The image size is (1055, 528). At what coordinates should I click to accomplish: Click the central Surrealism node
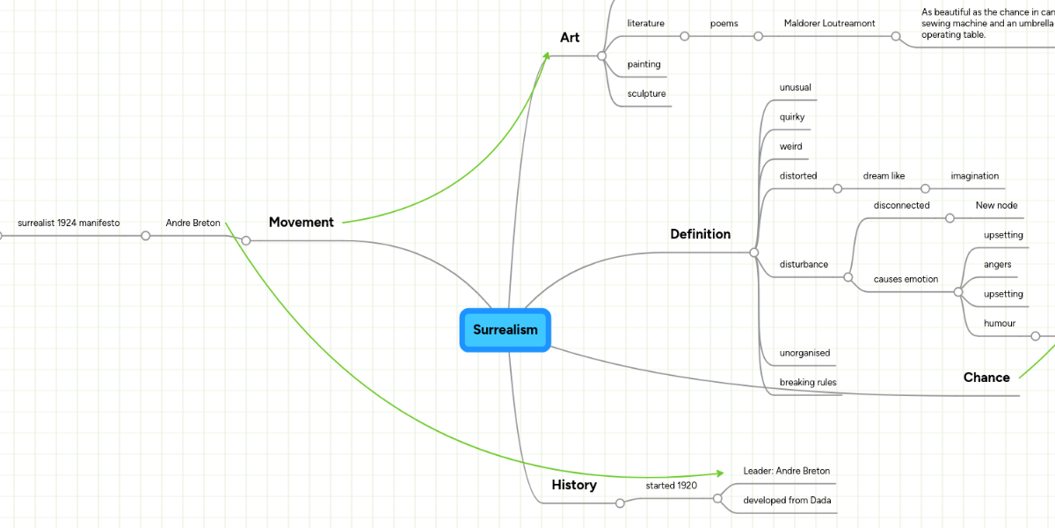tap(505, 330)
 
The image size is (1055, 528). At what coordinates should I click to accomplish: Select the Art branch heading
tap(570, 38)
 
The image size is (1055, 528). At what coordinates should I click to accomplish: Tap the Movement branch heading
tap(301, 223)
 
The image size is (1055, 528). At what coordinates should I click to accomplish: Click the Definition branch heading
tap(700, 234)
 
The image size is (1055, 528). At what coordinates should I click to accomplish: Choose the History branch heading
tap(574, 485)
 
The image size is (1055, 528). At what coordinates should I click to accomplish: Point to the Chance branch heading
tap(986, 378)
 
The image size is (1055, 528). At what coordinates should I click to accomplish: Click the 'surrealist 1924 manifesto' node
tap(69, 224)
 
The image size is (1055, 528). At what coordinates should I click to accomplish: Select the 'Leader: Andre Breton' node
tap(786, 471)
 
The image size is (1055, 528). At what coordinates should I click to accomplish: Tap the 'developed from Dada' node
tap(786, 501)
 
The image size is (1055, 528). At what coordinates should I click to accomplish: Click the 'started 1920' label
tap(672, 486)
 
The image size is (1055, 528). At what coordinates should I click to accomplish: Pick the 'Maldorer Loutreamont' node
tap(829, 24)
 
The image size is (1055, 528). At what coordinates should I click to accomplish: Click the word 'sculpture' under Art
tap(646, 94)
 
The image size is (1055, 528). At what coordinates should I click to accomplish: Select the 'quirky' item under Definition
tap(791, 117)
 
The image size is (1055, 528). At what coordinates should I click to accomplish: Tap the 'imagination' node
tap(974, 176)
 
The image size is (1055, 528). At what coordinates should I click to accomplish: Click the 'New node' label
tap(996, 206)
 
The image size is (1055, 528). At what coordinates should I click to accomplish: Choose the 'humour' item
tap(1000, 324)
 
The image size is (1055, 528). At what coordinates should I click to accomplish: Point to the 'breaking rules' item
tap(807, 383)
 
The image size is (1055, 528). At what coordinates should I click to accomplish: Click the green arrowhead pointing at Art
tap(547, 56)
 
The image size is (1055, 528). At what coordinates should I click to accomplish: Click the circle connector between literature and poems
tap(685, 36)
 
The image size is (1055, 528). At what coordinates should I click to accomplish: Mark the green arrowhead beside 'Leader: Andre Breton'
tap(719, 473)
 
